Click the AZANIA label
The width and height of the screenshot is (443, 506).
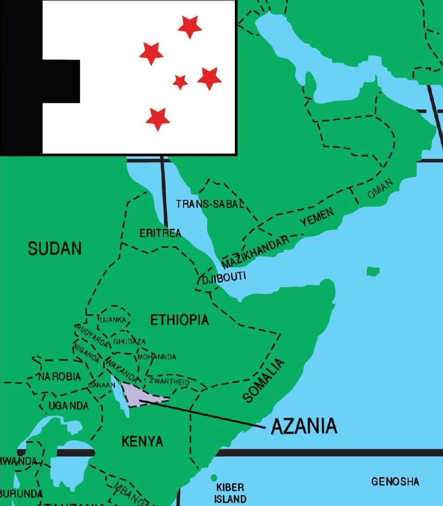pyautogui.click(x=304, y=426)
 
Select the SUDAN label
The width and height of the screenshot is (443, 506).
pyautogui.click(x=54, y=249)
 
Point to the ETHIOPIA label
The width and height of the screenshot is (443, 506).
pyautogui.click(x=179, y=320)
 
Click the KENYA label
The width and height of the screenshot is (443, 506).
pyautogui.click(x=142, y=441)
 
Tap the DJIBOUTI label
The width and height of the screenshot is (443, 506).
pyautogui.click(x=224, y=278)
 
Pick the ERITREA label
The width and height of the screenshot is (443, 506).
pyautogui.click(x=160, y=233)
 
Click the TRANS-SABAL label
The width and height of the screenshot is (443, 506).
pyautogui.click(x=210, y=204)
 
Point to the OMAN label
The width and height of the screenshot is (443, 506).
pyautogui.click(x=380, y=191)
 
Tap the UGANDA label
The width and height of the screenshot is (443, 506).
pyautogui.click(x=68, y=406)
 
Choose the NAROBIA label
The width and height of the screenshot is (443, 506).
pyautogui.click(x=59, y=376)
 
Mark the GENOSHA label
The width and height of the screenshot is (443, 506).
pyautogui.click(x=395, y=481)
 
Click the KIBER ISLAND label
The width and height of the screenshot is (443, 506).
pyautogui.click(x=230, y=493)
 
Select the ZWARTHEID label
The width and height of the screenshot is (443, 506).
pyautogui.click(x=169, y=382)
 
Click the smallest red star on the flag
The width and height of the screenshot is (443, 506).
pyautogui.click(x=180, y=82)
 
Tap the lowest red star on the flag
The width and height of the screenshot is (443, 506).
pyautogui.click(x=157, y=118)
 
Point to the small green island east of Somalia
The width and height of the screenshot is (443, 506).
pyautogui.click(x=373, y=271)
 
